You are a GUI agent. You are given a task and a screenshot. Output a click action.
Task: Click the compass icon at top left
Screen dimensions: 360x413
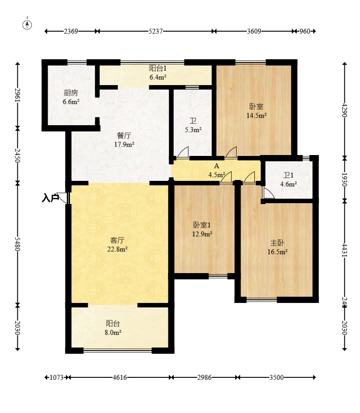click(27, 25)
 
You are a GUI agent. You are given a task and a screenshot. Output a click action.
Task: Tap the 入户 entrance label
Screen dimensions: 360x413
click(50, 198)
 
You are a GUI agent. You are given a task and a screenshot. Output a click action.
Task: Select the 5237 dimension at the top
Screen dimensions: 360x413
click(155, 31)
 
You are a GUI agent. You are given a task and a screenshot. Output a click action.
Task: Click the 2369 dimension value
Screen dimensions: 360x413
click(71, 31)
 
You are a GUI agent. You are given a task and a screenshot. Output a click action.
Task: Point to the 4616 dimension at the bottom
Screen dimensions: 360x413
click(120, 377)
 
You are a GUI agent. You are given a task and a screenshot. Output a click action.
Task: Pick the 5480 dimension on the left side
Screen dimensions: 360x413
click(17, 244)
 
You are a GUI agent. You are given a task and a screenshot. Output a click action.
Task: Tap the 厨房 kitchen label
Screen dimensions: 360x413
click(71, 93)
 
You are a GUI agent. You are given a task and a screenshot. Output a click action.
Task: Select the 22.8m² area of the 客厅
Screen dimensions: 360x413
click(118, 249)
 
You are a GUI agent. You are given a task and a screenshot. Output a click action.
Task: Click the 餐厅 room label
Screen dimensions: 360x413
click(124, 135)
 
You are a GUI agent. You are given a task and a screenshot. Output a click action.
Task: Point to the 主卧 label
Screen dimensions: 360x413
click(277, 243)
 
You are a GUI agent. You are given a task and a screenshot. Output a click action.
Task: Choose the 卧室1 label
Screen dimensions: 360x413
click(202, 225)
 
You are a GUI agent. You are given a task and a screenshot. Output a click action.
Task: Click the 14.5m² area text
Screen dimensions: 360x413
click(257, 115)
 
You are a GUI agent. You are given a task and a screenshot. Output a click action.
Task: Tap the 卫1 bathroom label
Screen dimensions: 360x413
click(288, 176)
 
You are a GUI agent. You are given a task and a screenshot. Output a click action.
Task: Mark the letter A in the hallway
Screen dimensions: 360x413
click(217, 166)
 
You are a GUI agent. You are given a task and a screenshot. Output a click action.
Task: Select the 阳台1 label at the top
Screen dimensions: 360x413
click(158, 69)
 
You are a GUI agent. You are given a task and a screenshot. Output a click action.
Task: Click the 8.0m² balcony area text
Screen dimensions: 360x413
click(113, 332)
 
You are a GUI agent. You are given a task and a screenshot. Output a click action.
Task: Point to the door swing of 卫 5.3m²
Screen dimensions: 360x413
click(183, 152)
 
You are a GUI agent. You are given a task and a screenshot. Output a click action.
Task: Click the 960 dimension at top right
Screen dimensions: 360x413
click(305, 31)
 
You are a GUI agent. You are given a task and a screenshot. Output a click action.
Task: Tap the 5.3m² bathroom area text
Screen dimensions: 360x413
click(193, 130)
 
